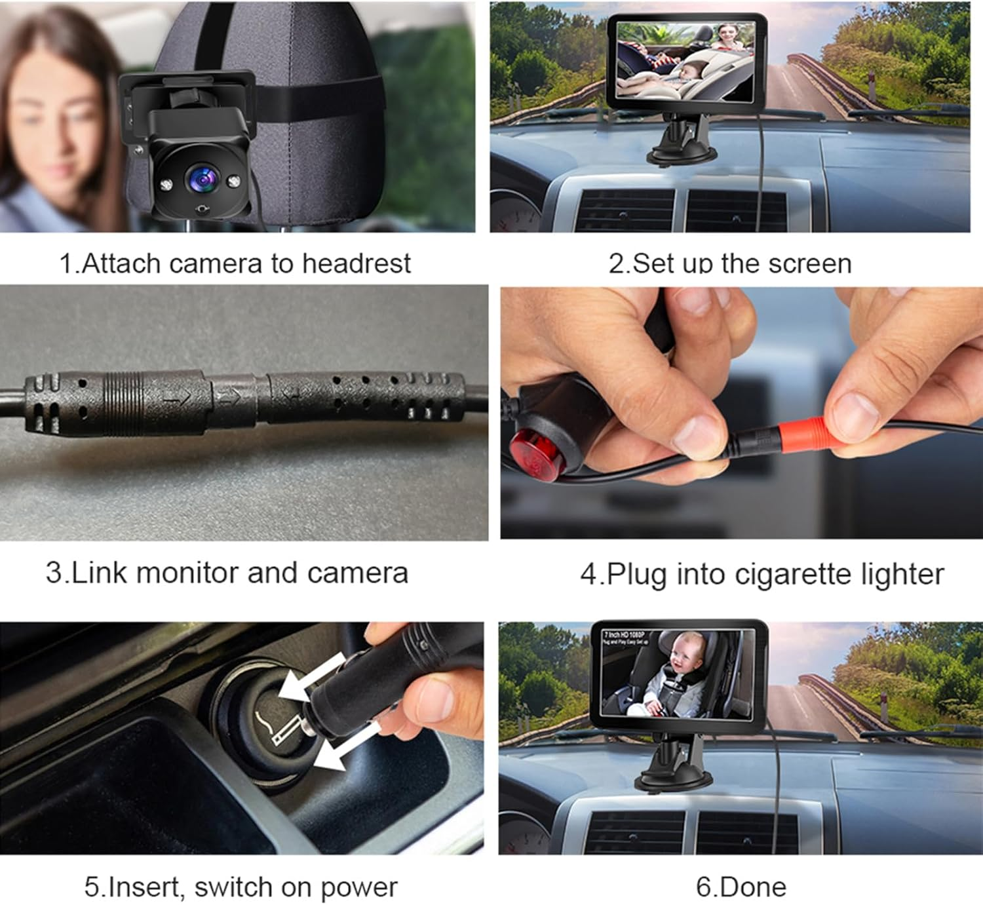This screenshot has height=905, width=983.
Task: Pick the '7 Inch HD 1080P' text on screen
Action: [x=625, y=635]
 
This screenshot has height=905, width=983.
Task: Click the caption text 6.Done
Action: [x=741, y=887]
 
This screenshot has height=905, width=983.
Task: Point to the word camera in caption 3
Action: [x=357, y=572]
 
